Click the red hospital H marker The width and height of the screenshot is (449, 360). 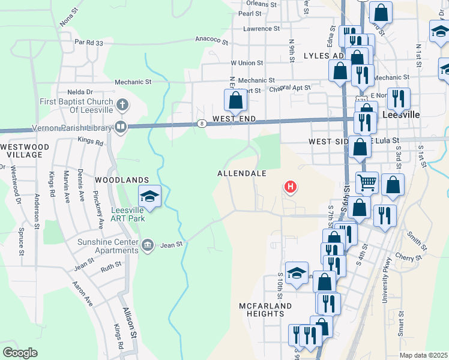tap(291, 188)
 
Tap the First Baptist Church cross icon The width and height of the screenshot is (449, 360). tap(122, 106)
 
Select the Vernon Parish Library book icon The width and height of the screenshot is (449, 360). tap(121, 127)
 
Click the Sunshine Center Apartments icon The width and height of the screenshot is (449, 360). tap(148, 245)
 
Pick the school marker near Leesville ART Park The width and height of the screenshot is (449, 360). tap(149, 196)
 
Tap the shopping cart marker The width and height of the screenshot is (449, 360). tap(367, 182)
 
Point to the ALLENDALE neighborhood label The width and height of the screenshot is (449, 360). tap(241, 173)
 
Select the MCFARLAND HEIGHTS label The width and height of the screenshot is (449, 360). tap(265, 310)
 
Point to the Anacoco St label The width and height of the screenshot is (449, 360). tap(212, 41)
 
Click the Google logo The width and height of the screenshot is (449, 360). tap(20, 353)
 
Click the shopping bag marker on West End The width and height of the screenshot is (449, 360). tap(236, 101)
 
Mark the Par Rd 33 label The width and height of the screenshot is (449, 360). tap(89, 43)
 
